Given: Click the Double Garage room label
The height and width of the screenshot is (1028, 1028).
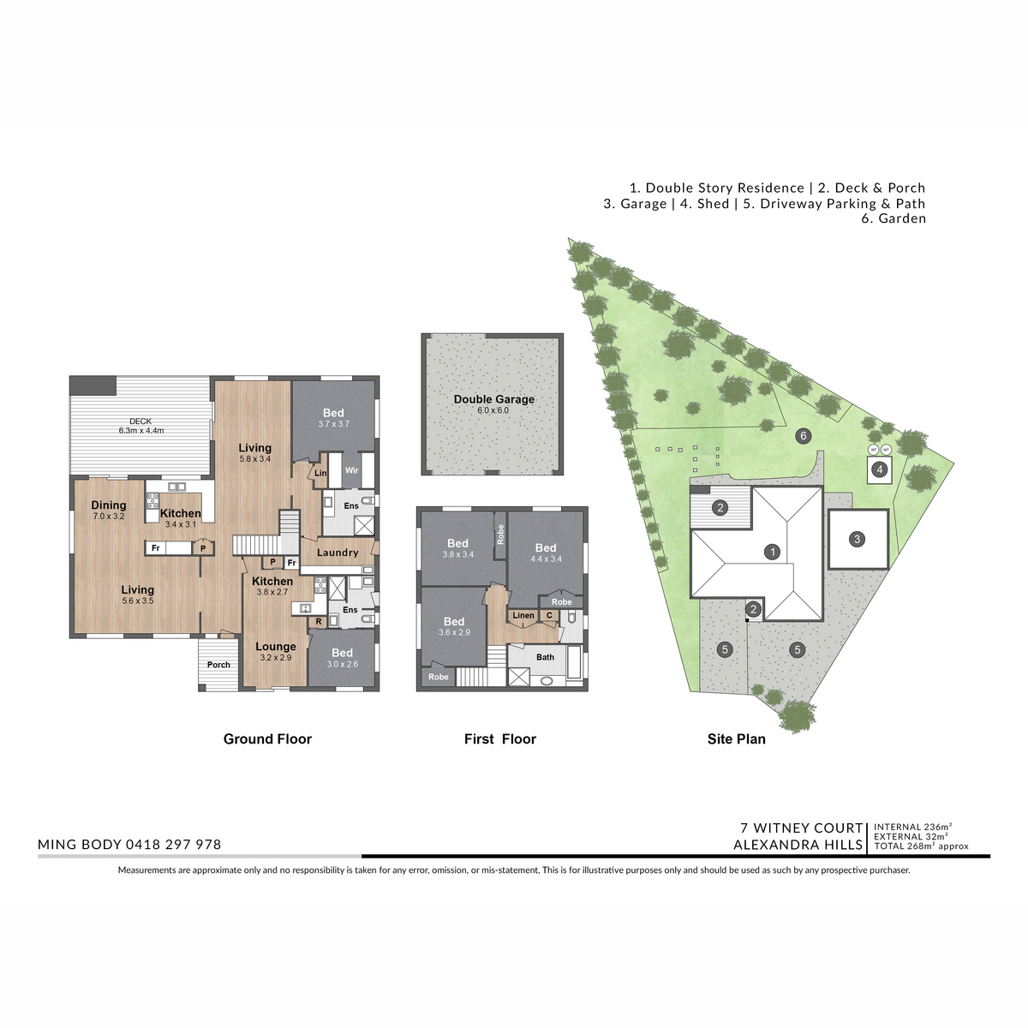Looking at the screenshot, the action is coord(493,399).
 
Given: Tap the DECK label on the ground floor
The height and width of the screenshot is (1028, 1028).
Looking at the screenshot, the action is coord(140,421).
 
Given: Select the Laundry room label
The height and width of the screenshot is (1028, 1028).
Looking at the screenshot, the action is coord(338,553).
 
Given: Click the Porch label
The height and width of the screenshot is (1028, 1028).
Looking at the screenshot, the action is coord(218,665).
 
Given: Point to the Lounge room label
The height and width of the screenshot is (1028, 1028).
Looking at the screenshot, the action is coord(275,647).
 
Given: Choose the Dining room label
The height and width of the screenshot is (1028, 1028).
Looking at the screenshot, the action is coord(109,505).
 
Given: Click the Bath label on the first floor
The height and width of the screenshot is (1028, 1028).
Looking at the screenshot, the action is coord(545,657).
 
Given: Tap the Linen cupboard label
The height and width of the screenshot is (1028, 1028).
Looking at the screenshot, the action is coord(523,616).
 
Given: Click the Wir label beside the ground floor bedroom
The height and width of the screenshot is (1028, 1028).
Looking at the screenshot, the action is coord(351,470).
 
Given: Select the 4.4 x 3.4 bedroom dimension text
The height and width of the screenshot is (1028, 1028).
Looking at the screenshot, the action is coord(547,559).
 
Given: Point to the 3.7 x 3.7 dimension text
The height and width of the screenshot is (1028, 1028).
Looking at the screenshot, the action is coord(333,424).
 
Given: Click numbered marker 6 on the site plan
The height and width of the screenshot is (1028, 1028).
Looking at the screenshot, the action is coord(803,436).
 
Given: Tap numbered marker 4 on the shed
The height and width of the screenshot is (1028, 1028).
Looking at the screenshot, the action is coord(879,469).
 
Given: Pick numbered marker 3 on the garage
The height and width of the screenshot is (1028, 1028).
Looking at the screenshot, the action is coord(858,539).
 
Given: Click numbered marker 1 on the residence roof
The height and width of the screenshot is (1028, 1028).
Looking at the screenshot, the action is coord(772,552).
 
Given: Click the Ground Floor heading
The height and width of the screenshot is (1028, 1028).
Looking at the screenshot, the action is coord(267,738).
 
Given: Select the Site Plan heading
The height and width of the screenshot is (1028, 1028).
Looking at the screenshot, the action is coord(736,738).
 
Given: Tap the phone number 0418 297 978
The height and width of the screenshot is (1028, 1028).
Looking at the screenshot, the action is coord(173,845).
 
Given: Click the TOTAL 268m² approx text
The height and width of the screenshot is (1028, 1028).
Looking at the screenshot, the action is coord(921,846).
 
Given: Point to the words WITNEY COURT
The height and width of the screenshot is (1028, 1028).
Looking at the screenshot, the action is coord(808,828).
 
